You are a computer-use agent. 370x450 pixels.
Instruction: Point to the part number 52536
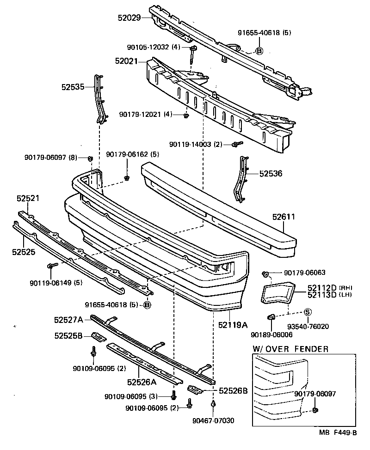point(271,174)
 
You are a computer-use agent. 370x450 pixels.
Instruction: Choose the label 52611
point(284,216)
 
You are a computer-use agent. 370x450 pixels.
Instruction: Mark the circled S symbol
point(308,313)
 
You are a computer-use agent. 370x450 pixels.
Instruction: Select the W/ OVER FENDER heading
point(291,349)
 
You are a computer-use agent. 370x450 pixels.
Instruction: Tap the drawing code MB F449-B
point(338,433)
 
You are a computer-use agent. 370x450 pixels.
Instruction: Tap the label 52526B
point(233,391)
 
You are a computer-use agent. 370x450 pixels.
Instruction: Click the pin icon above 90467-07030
point(213,404)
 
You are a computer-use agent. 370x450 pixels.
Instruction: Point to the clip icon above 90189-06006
point(271,317)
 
